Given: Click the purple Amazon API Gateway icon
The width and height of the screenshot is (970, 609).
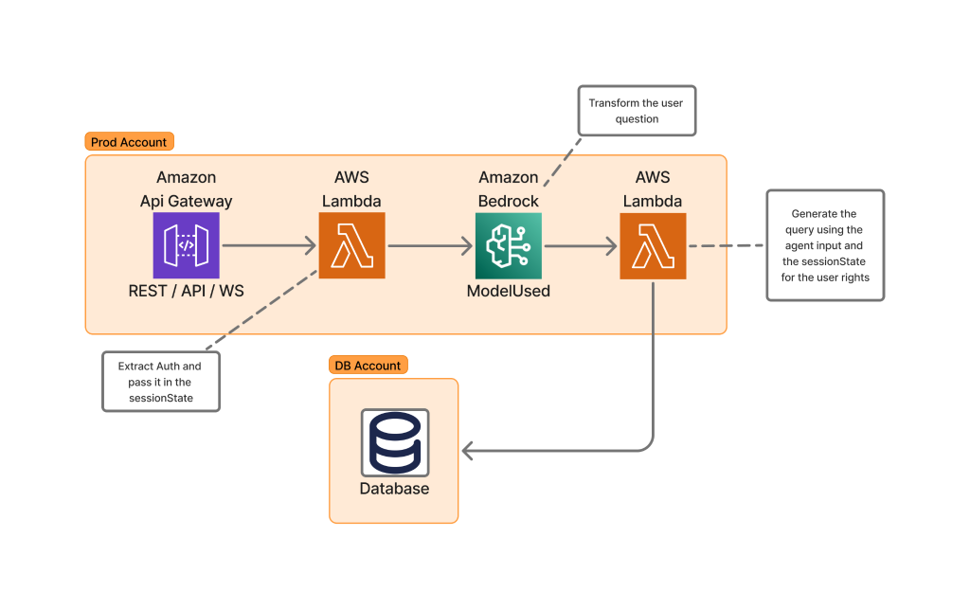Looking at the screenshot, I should point(186,245).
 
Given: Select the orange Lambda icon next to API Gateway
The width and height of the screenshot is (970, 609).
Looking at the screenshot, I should point(351,245).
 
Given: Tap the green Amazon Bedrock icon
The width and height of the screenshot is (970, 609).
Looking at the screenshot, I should point(508,245).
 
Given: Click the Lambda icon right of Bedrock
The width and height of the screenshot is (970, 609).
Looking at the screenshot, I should point(653,245).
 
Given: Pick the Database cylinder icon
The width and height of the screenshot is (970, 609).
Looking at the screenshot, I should point(394,442).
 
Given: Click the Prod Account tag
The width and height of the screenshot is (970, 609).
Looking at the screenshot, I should point(129,142).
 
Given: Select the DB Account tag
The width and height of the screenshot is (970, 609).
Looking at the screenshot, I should point(368,366).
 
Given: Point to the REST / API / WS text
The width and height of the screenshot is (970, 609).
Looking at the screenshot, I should point(186,291).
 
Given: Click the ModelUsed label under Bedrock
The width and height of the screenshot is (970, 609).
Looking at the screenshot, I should point(508,291).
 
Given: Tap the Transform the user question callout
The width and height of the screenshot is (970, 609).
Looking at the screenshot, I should point(636,111).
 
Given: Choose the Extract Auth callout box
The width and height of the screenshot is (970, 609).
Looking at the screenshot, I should point(160,383).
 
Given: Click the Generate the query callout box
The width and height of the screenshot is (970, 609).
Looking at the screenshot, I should point(824,245).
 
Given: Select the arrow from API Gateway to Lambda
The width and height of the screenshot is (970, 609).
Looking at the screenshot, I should point(268,246).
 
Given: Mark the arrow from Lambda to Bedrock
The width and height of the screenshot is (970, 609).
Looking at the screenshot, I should point(429,246).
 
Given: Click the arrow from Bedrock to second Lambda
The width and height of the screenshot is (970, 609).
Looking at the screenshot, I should point(580,246).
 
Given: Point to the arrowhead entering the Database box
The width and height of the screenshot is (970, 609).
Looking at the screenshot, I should point(468,450).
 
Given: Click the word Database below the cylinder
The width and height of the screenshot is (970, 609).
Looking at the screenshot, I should point(394,489).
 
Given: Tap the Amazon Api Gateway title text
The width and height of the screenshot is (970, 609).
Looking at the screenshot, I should point(186,188).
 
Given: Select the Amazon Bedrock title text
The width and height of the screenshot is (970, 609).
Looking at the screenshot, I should point(508,188).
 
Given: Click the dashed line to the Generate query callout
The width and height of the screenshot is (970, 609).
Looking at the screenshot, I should point(726,246).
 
